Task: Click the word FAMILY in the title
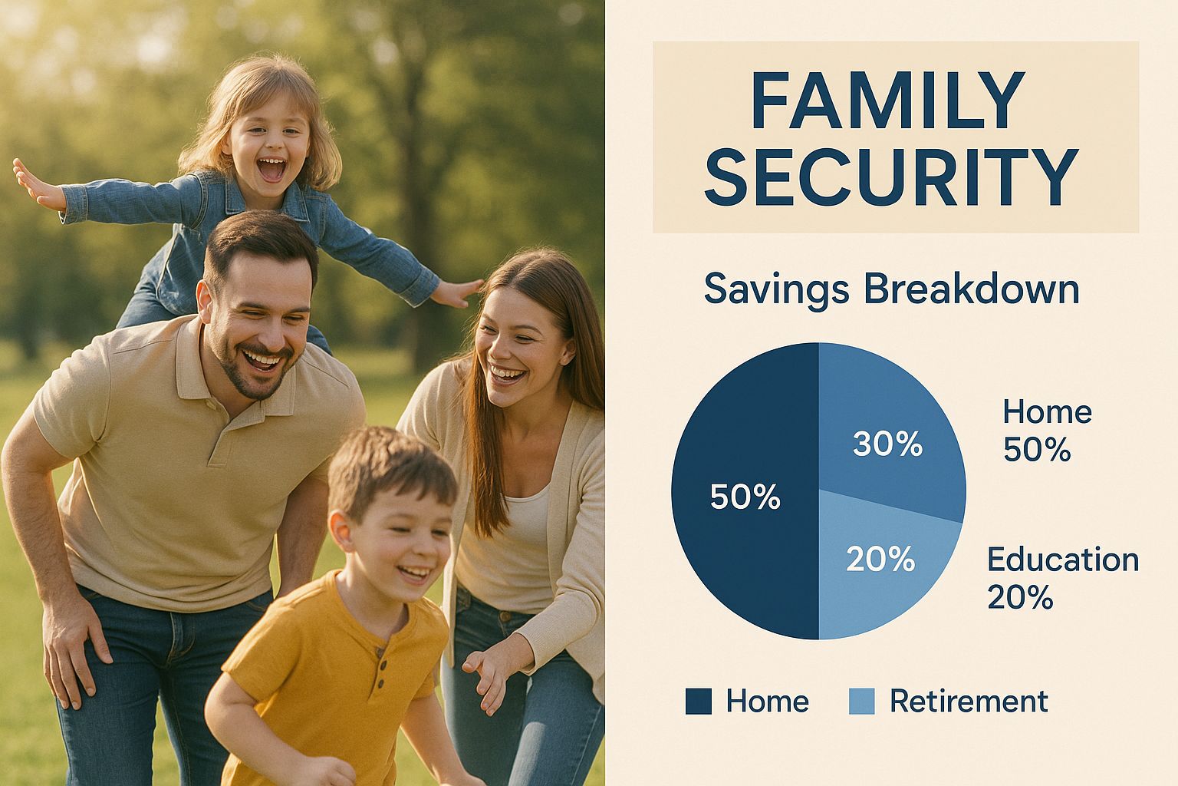(x=887, y=100)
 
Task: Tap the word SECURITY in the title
(x=892, y=177)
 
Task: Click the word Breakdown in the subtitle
(x=972, y=289)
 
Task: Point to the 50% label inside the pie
(x=745, y=497)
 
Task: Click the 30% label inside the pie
(x=887, y=444)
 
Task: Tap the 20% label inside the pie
(x=880, y=559)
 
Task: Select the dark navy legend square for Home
(x=699, y=702)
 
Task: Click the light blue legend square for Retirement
(x=861, y=702)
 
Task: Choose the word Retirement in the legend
(x=969, y=702)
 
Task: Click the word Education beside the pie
(x=1063, y=559)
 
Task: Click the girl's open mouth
(x=272, y=170)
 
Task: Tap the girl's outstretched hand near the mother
(x=456, y=292)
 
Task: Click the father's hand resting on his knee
(x=74, y=652)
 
